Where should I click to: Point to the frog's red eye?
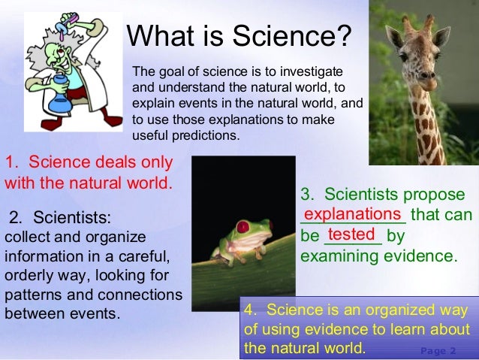point(242,226)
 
